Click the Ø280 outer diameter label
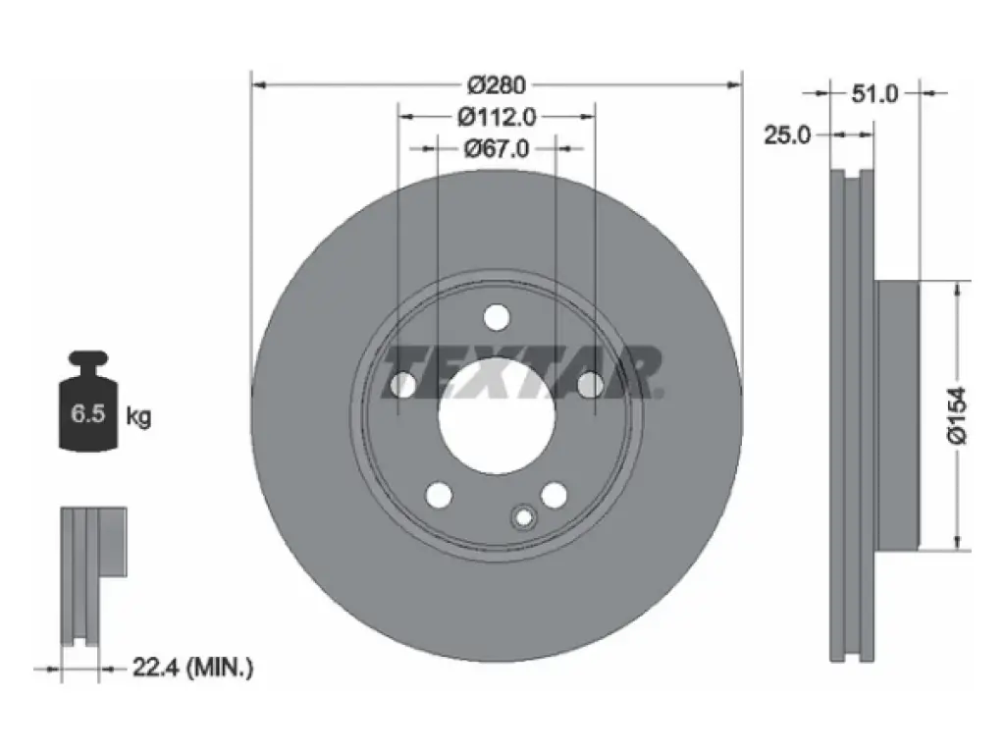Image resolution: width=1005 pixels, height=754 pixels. point(496,84)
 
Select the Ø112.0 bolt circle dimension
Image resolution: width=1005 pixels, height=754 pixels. point(497,117)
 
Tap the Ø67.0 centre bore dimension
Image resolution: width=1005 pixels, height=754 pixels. point(497,149)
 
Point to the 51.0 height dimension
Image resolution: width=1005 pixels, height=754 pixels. point(874,94)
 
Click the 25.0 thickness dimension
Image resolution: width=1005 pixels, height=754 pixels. point(787,135)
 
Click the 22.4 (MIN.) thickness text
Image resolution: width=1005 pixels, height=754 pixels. point(193,668)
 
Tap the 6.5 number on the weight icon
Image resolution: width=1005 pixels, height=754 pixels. point(87,413)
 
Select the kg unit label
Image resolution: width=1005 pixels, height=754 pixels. point(138,416)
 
